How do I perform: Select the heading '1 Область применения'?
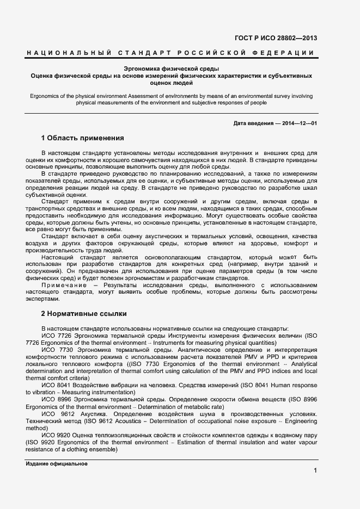click(x=83, y=138)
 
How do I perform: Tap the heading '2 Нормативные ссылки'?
click(x=84, y=314)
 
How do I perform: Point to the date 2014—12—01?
click(x=298, y=123)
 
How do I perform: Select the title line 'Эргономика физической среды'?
click(x=172, y=69)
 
